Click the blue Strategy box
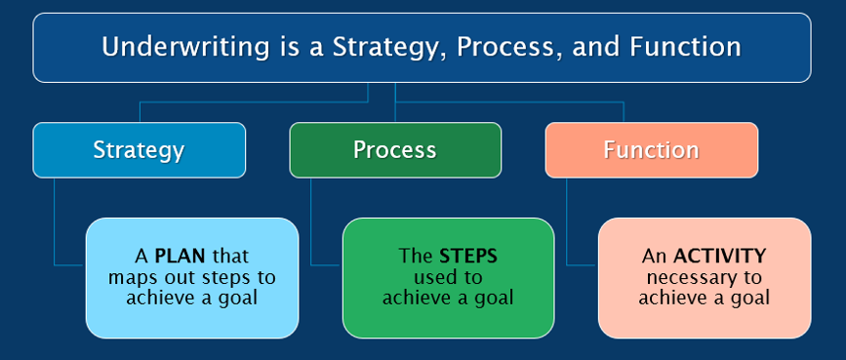(x=139, y=150)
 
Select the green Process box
(x=394, y=150)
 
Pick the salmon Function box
(x=651, y=150)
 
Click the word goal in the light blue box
(x=237, y=299)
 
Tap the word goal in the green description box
(x=493, y=299)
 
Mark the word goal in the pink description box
(x=749, y=299)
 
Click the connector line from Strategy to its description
(x=55, y=224)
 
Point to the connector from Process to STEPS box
(x=311, y=224)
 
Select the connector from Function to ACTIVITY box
(x=567, y=224)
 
